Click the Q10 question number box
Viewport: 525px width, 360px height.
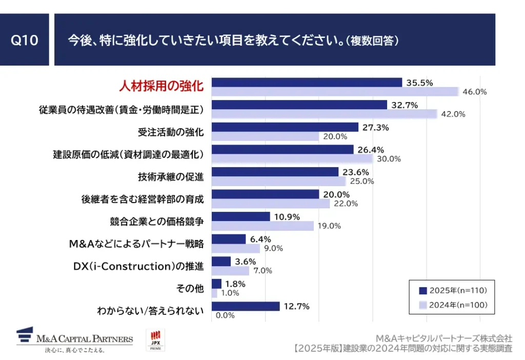point(25,40)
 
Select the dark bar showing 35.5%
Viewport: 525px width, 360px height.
point(307,83)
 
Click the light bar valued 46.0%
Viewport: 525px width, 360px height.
point(335,92)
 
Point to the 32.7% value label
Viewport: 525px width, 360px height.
point(405,105)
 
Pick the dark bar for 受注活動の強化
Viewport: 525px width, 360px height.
point(285,127)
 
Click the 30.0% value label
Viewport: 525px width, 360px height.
point(389,159)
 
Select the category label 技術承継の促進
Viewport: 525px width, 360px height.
point(171,177)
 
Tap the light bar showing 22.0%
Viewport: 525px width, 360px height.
point(270,204)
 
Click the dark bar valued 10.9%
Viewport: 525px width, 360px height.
point(240,216)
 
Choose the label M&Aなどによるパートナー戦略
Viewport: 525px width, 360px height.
point(136,244)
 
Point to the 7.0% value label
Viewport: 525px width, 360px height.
point(261,271)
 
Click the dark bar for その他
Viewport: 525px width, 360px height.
point(216,284)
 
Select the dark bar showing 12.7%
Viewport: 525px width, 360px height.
point(245,306)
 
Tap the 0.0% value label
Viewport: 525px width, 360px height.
point(225,315)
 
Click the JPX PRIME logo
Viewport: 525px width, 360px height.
point(155,340)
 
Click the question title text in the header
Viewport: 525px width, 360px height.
point(233,41)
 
